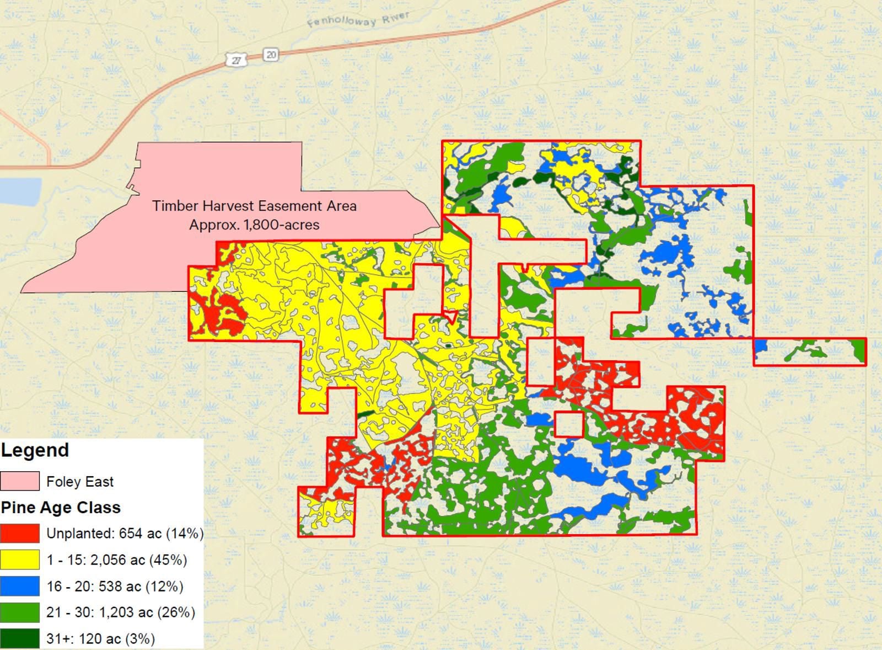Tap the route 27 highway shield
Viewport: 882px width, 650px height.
click(235, 60)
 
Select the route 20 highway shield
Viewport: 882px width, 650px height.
click(270, 54)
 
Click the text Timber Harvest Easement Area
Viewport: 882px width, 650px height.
click(254, 206)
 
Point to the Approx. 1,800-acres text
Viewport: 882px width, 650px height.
click(254, 225)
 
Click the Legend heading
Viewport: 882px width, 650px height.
click(35, 450)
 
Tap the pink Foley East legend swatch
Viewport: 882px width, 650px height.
click(20, 481)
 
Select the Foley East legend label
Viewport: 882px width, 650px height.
click(80, 482)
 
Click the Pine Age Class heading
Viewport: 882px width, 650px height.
click(61, 508)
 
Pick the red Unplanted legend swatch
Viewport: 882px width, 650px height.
click(20, 533)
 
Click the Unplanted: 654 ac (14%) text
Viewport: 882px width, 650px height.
click(125, 534)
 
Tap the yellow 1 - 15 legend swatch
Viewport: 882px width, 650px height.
click(20, 560)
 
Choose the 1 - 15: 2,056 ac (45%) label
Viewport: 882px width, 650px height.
click(116, 560)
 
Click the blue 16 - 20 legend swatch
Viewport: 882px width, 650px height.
click(20, 586)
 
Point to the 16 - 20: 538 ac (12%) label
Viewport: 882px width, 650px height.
click(115, 586)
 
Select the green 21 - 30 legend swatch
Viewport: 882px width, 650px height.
click(20, 612)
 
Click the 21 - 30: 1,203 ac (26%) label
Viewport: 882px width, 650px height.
click(121, 612)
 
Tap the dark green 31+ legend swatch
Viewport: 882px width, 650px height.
click(20, 638)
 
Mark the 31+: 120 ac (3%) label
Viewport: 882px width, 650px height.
click(100, 638)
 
